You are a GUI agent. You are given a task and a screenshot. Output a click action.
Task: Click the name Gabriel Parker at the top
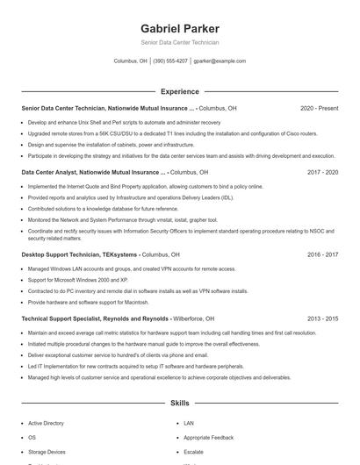click(x=179, y=28)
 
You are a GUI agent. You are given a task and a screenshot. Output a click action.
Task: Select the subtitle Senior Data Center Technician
click(x=179, y=42)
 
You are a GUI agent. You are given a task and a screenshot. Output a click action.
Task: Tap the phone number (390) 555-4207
click(x=170, y=61)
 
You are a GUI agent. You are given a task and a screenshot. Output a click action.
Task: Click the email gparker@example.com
click(x=220, y=61)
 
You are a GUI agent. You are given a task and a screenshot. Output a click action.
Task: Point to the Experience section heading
click(x=179, y=91)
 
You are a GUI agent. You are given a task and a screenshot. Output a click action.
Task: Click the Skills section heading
click(x=179, y=404)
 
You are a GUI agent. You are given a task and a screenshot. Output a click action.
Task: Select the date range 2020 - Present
click(x=319, y=108)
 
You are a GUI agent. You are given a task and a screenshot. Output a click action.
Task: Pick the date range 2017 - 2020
click(x=322, y=173)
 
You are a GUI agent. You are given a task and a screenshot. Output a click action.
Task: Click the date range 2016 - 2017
click(x=322, y=254)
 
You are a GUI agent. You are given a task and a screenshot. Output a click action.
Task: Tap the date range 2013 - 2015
click(x=322, y=319)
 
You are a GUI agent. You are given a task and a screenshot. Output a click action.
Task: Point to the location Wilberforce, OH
click(x=191, y=319)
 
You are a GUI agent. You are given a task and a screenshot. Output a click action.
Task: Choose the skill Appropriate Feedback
click(x=208, y=437)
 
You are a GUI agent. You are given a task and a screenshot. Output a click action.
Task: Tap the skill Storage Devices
click(x=47, y=451)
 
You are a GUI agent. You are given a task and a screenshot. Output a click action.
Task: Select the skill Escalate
click(x=193, y=451)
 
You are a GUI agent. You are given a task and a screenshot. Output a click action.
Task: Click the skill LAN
click(x=189, y=423)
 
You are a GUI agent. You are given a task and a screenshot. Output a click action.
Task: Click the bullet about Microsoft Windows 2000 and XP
click(x=77, y=280)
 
